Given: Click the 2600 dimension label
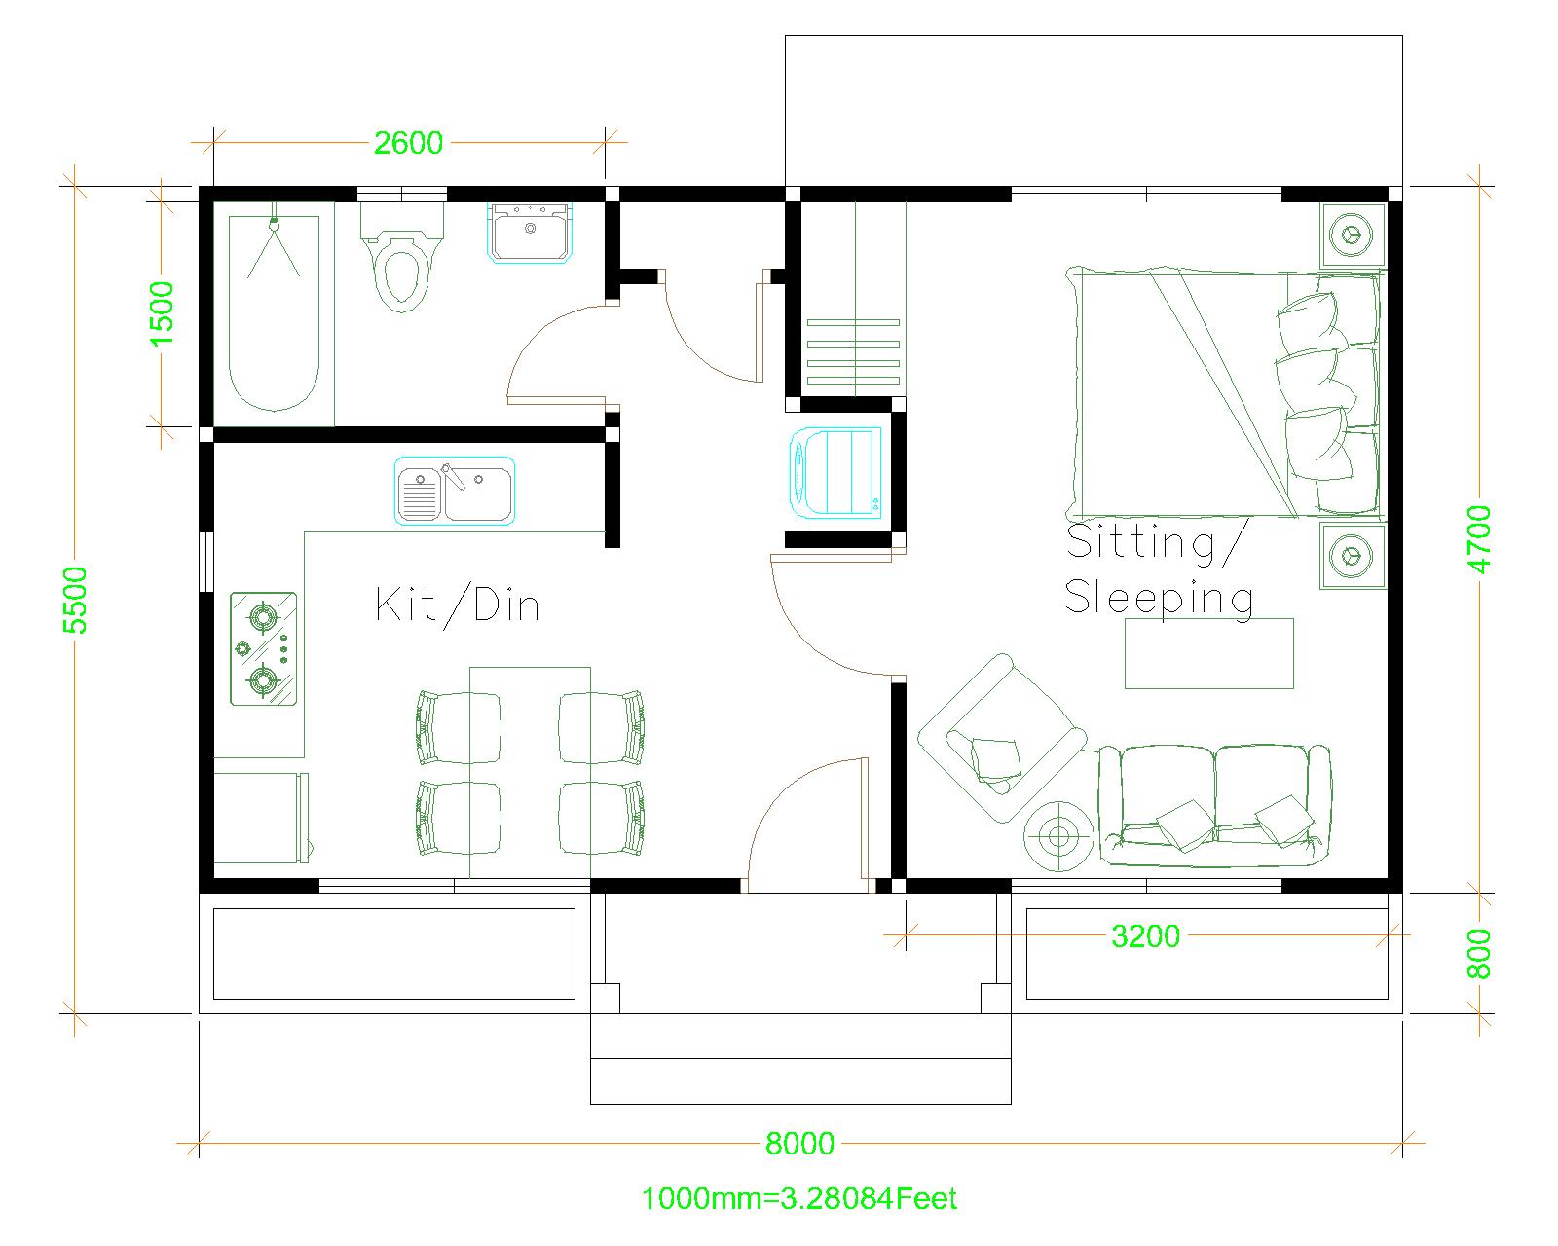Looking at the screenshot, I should (x=408, y=143).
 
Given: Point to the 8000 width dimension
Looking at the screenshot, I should (x=799, y=1143).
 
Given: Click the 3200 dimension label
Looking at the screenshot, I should (x=1145, y=936).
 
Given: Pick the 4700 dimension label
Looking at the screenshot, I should (x=1480, y=538).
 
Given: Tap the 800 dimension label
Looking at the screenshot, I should (x=1479, y=954).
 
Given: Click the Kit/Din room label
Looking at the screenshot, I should (x=458, y=605).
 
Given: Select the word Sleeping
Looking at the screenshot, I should (x=1159, y=597).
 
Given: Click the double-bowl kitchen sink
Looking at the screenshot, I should (x=455, y=492).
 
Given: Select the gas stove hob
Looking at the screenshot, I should (x=263, y=648).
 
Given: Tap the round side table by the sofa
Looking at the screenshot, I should (x=1058, y=835).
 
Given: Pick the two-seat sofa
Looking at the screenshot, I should (x=1213, y=805).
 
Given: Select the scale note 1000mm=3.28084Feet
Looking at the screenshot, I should (x=798, y=1198).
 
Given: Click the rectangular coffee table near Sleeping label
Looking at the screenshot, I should (x=1209, y=653).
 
